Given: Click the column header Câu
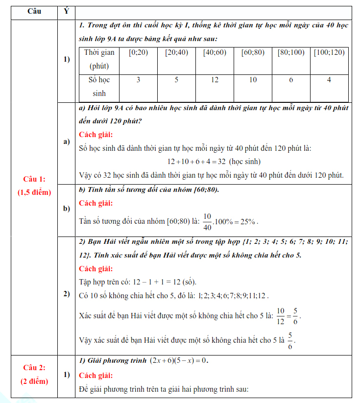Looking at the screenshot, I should coord(34,12).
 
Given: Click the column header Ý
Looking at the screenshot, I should coord(66,12).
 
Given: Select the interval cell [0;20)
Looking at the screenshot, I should coord(138,52).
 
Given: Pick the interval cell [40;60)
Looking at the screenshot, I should coord(215,52).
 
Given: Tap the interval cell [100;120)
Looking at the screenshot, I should coord(329,52).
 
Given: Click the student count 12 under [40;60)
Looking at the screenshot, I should coord(215,80).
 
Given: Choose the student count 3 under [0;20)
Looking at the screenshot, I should coord(138,80).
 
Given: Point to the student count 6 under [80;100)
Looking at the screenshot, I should coord(291,80).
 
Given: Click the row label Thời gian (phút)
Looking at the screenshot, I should coord(99,59).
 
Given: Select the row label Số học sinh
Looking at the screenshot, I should coord(99,86).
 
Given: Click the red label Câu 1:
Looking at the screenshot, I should coord(34,179).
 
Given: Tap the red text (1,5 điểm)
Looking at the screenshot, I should coord(34,192).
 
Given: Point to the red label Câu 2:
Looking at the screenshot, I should coord(34,367).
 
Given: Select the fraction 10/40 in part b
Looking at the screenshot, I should coord(207,221).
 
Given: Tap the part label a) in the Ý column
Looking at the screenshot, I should coord(67,142).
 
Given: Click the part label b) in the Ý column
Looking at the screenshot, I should coord(67,209).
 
